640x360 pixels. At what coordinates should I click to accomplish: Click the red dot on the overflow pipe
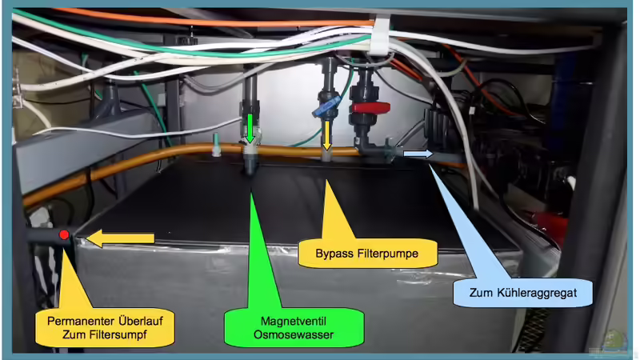(63, 235)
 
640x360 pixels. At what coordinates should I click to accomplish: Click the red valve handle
(370, 107)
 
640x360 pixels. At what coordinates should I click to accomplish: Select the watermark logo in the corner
(616, 340)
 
